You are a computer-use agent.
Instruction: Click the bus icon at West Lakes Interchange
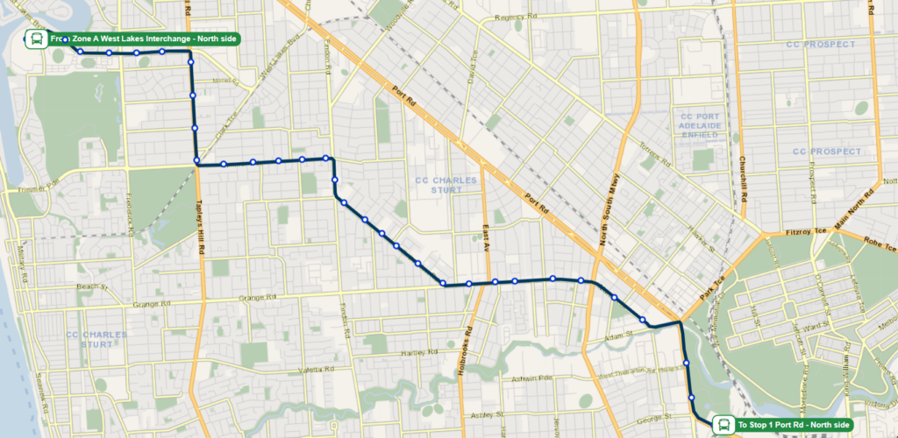coord(37,39)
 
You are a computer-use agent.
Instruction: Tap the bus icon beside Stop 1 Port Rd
coord(723,425)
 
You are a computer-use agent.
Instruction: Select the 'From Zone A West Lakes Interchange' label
coord(145,39)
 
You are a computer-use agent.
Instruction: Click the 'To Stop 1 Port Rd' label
coord(794,425)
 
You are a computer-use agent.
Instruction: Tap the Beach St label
coord(91,286)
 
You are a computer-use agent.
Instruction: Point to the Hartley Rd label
coord(418,352)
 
